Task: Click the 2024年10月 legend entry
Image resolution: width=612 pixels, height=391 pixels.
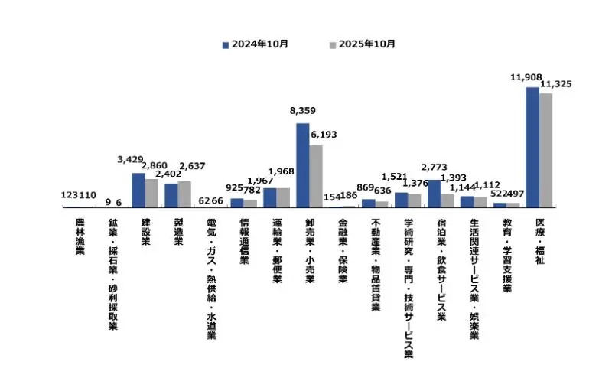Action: [x=255, y=44]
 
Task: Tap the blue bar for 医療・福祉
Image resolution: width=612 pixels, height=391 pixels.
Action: [x=532, y=148]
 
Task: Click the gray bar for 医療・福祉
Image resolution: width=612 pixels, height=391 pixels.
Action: [x=545, y=150]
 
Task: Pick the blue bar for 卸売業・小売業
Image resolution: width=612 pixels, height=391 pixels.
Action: [x=302, y=165]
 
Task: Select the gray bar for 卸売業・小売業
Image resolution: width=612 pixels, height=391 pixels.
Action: [x=315, y=176]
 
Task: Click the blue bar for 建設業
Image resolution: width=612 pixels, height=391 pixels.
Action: [x=138, y=191]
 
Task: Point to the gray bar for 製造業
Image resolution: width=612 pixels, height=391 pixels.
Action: [x=184, y=194]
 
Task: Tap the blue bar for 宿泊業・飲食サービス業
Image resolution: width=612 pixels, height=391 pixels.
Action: [x=434, y=194]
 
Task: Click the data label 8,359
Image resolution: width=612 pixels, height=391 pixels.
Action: [x=302, y=112]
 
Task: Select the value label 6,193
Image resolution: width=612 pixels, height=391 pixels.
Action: [x=322, y=135]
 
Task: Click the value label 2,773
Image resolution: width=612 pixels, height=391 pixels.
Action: [x=434, y=166]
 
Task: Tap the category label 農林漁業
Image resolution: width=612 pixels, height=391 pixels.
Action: [x=80, y=236]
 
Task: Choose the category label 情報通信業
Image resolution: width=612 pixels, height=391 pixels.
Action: [x=244, y=241]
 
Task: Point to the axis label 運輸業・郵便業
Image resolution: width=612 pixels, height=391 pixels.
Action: [x=277, y=251]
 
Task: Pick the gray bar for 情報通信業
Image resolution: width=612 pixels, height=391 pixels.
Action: [x=250, y=204]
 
